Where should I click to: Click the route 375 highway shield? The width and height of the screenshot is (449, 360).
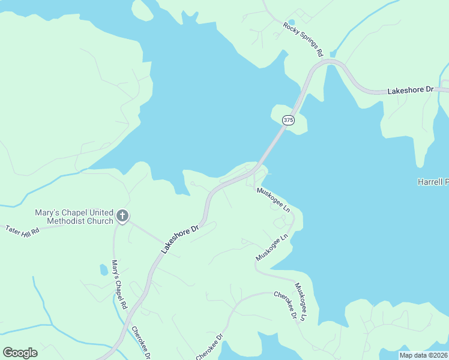[289, 120]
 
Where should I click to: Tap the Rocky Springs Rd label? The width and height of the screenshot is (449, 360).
[303, 40]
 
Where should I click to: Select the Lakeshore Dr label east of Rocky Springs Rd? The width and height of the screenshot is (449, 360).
[410, 90]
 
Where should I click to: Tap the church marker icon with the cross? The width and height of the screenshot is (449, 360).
[122, 216]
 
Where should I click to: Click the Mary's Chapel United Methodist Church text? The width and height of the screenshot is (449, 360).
[74, 217]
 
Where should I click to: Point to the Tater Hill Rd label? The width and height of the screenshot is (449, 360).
[22, 229]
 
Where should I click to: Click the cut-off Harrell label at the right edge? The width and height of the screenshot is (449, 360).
[433, 181]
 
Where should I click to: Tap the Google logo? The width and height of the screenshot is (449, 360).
[20, 353]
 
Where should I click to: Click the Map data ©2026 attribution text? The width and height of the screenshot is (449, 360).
[424, 355]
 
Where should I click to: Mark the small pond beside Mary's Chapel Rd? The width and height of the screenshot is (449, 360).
[104, 270]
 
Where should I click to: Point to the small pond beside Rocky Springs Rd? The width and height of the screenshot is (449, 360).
[291, 22]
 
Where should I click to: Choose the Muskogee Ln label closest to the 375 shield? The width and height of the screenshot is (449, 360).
[274, 200]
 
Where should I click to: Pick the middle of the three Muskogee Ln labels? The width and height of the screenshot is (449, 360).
[272, 247]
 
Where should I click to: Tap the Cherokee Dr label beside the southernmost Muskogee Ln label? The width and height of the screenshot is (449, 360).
[286, 305]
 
